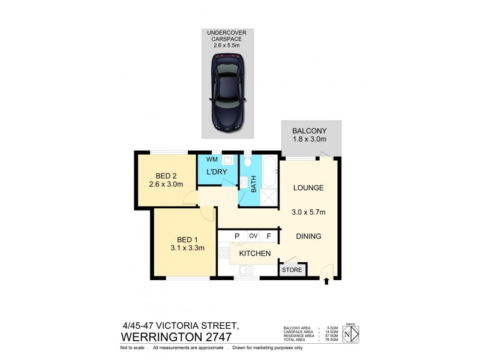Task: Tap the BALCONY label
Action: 308,131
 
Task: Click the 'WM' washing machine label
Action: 211,160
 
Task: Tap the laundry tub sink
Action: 227,160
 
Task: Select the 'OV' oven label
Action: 253,236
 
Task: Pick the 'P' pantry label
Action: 237,236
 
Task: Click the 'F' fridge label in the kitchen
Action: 269,236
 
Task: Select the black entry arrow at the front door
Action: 326,280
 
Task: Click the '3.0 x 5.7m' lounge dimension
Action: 308,212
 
